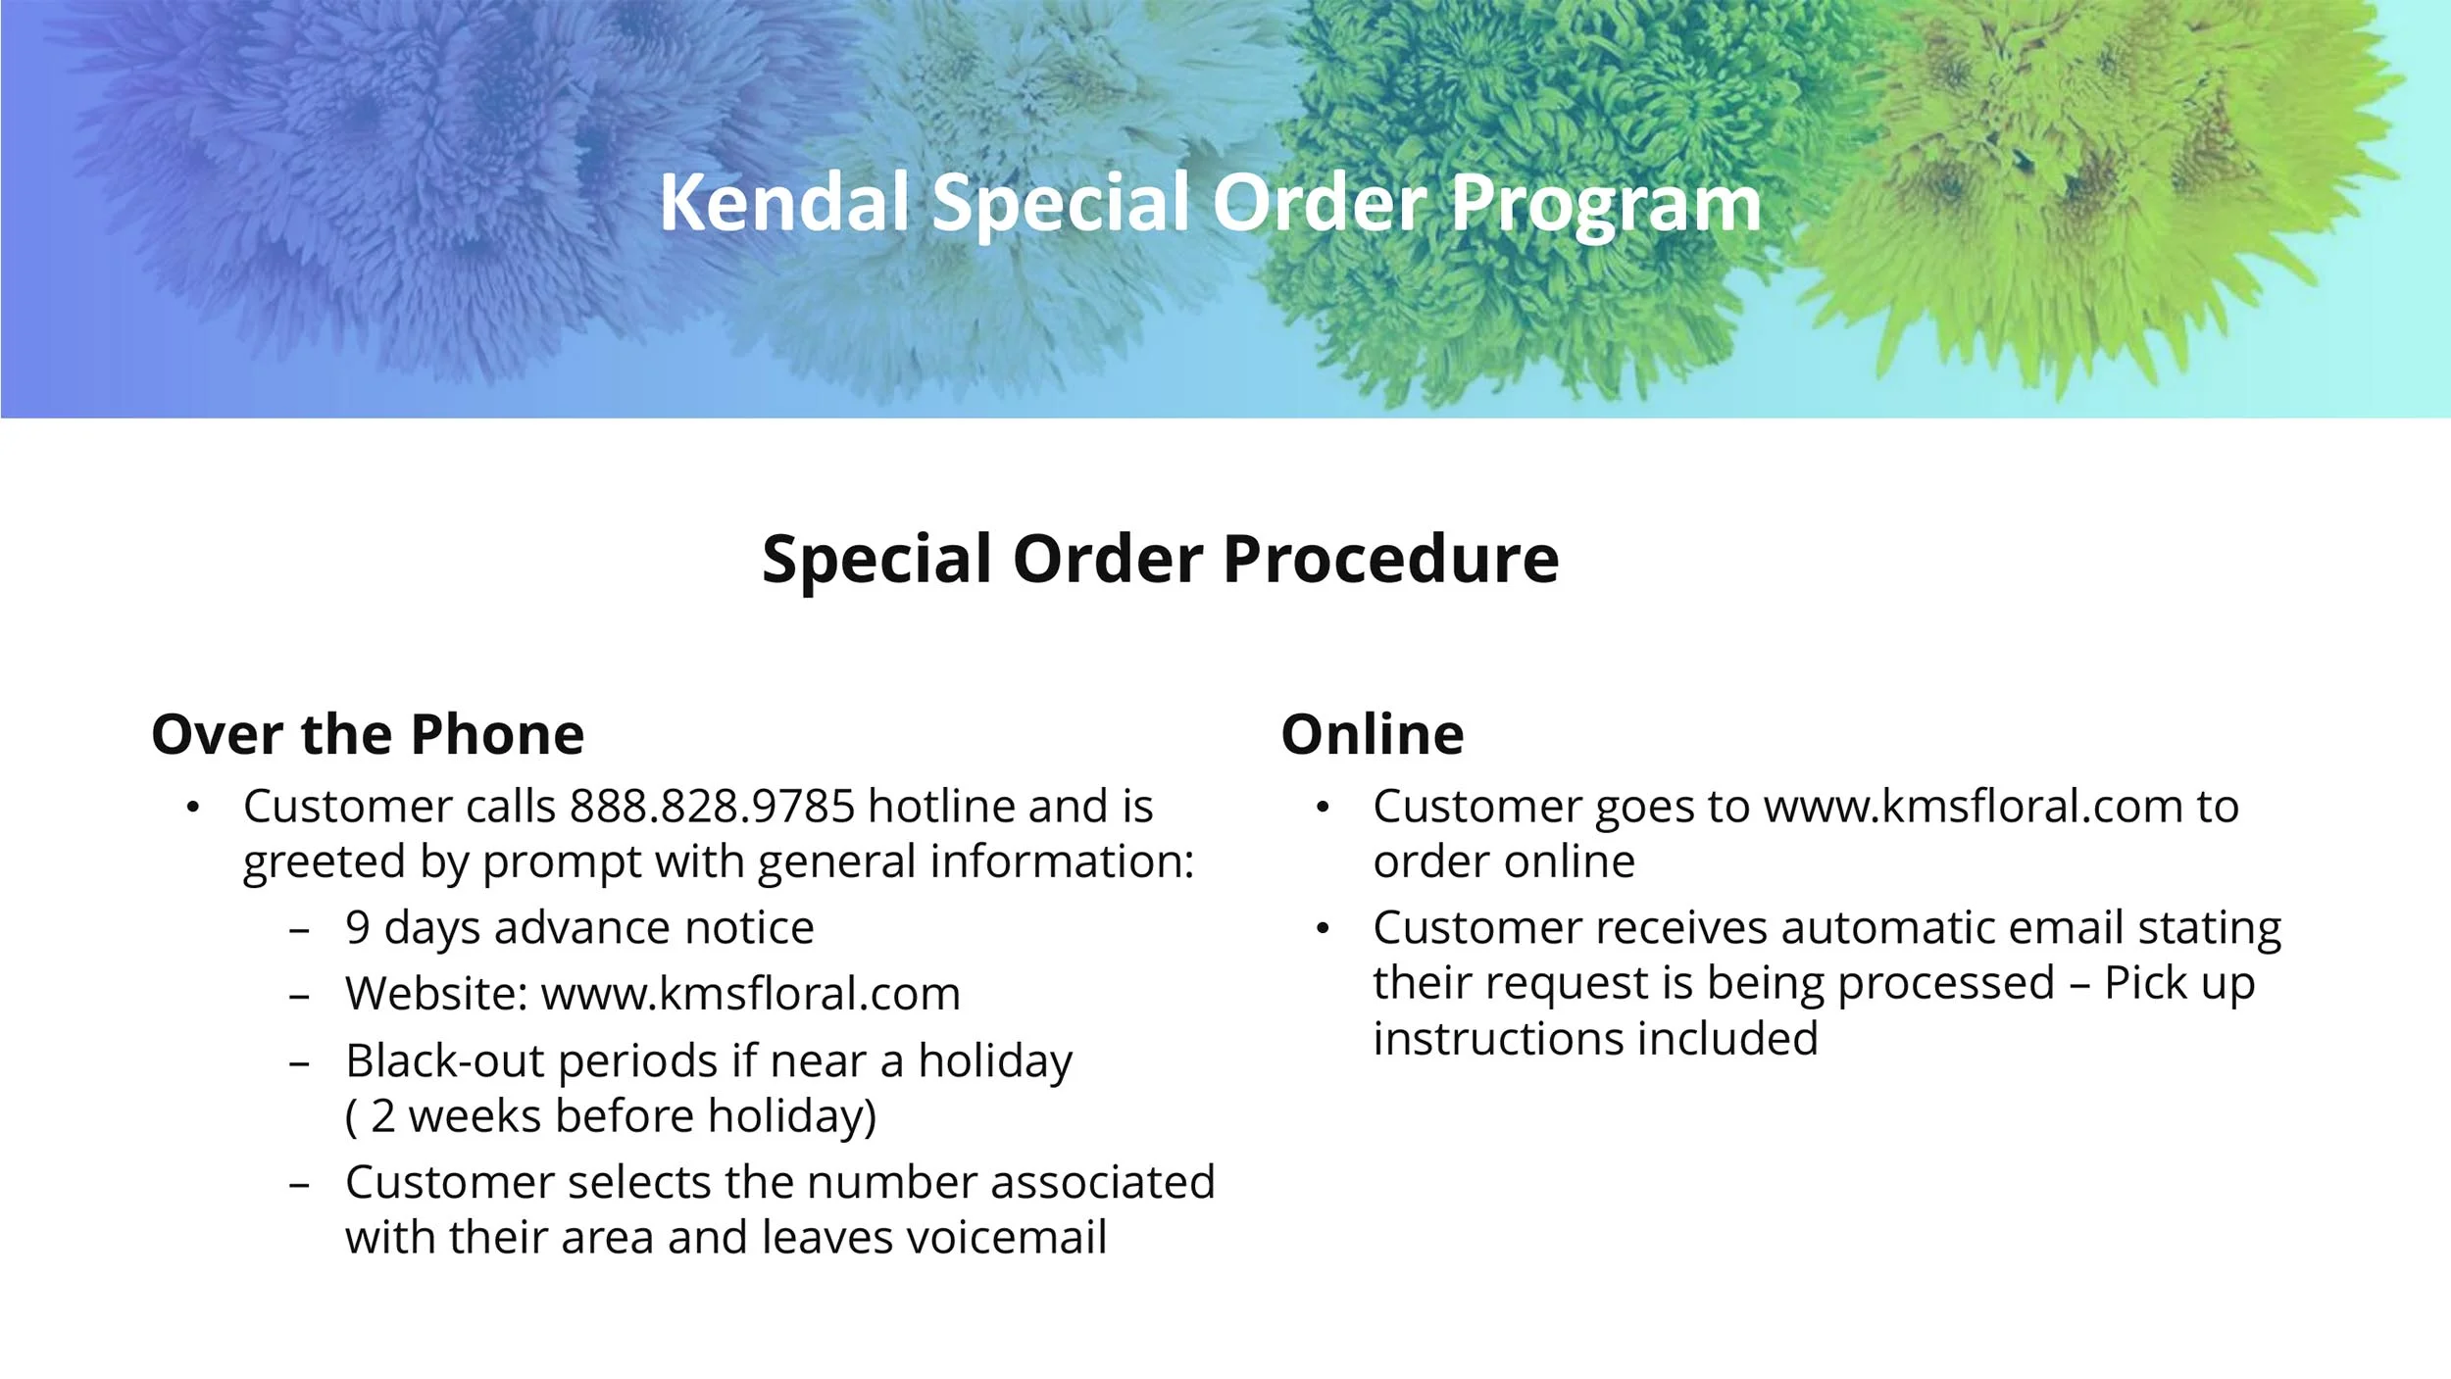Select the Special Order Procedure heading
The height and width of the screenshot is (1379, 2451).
point(1160,560)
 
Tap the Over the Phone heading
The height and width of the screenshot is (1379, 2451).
point(368,735)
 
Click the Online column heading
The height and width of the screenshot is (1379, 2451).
point(1372,735)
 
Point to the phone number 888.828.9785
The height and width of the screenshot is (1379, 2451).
point(713,807)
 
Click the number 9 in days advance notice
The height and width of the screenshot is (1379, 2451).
point(358,928)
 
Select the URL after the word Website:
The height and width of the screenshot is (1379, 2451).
point(750,994)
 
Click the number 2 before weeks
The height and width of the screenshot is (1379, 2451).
point(382,1116)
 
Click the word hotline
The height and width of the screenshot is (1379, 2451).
point(941,807)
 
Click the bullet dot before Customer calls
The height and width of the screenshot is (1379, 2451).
point(193,808)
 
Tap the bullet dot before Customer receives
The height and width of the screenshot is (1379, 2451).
point(1323,928)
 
